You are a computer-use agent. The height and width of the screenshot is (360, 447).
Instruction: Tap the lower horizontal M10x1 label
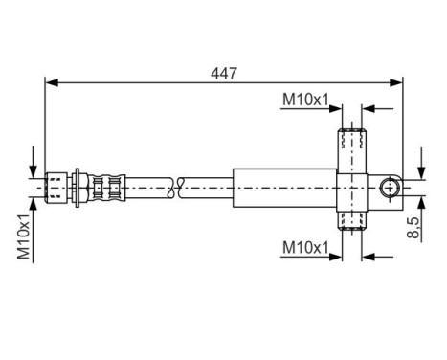pyautogui.click(x=304, y=247)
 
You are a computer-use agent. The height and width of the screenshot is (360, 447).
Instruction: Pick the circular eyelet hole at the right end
pyautogui.click(x=390, y=187)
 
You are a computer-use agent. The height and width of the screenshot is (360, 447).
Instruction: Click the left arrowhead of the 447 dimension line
pyautogui.click(x=51, y=82)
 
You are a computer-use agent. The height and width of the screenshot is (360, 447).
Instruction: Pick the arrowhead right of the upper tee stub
pyautogui.click(x=369, y=109)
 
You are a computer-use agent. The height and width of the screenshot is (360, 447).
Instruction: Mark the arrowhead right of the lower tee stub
pyautogui.click(x=369, y=256)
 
